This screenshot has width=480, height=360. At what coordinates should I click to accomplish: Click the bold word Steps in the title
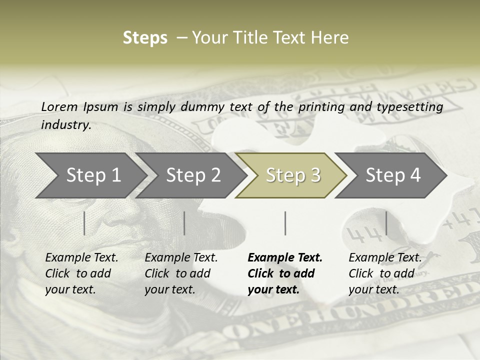(x=145, y=38)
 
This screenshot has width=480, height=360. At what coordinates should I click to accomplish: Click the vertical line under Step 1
(x=84, y=223)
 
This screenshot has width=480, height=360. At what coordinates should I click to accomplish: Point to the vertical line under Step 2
(x=184, y=223)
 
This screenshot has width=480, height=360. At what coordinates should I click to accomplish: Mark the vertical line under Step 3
(x=285, y=223)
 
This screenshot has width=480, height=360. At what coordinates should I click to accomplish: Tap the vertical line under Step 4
(x=386, y=223)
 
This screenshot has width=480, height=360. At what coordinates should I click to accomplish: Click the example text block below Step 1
(x=81, y=273)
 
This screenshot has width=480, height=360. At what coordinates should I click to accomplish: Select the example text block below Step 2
(x=181, y=273)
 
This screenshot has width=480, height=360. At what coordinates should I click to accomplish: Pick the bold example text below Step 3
(x=285, y=273)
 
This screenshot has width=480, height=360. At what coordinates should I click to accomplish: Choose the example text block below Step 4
(x=385, y=273)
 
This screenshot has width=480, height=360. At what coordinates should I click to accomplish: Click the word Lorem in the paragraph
(x=59, y=107)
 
